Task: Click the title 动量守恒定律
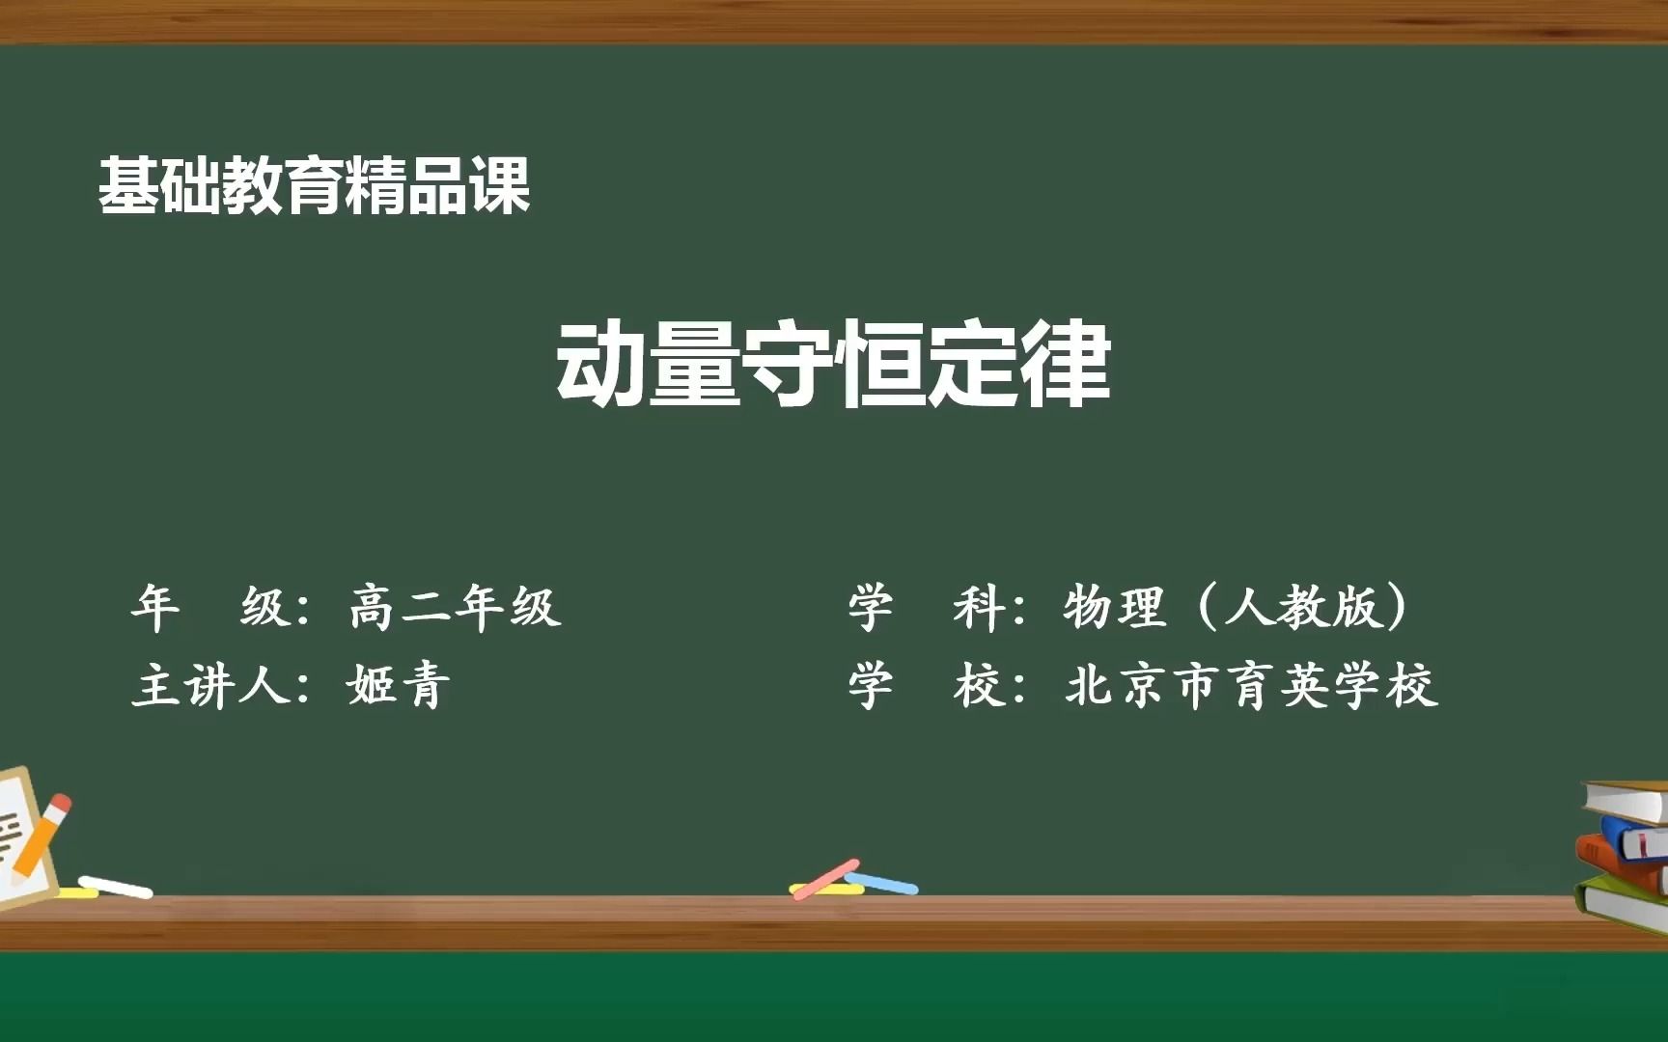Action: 833,365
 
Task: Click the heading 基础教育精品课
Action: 314,185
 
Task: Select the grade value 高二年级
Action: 455,608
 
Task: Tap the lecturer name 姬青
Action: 399,686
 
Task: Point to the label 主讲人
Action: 210,686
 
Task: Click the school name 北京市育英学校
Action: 1251,686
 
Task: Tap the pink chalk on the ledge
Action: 825,879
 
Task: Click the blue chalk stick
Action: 884,883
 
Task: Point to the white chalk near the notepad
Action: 116,887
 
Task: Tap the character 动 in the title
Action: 600,365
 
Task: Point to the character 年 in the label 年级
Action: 155,608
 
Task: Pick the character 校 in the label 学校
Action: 977,686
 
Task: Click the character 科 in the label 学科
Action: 977,608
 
